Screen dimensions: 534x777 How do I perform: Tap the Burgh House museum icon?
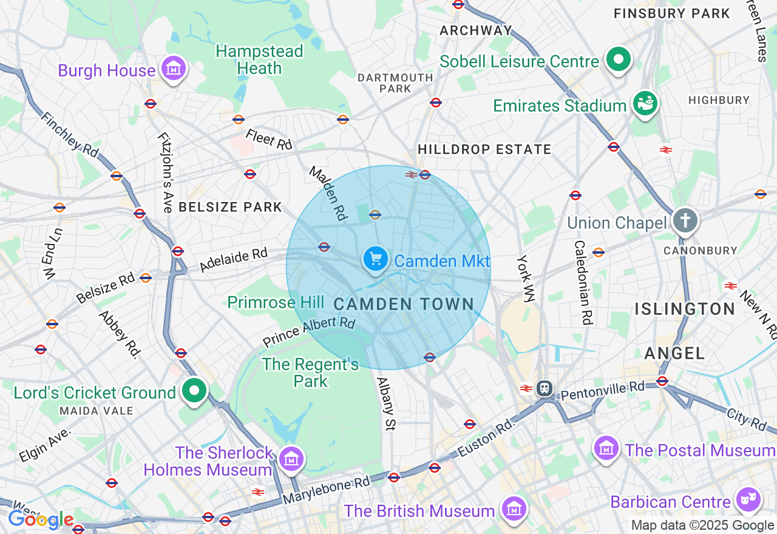pos(174,70)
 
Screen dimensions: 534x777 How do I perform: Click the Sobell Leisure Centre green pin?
pos(618,60)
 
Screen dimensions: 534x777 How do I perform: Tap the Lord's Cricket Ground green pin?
pos(195,391)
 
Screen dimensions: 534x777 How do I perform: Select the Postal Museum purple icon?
pos(606,448)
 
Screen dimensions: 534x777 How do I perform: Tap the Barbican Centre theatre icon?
pos(749,500)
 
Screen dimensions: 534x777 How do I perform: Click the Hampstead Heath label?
pos(259,59)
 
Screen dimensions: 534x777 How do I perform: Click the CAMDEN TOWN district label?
pos(404,304)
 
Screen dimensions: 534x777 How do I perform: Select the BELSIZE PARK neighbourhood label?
pos(230,207)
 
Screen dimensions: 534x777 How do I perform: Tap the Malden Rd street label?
pos(328,193)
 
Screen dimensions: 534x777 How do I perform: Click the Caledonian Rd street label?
pos(583,282)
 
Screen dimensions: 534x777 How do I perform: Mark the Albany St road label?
pos(386,404)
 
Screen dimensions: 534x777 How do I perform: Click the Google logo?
pos(41,520)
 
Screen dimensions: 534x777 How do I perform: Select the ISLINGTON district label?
pos(685,309)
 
